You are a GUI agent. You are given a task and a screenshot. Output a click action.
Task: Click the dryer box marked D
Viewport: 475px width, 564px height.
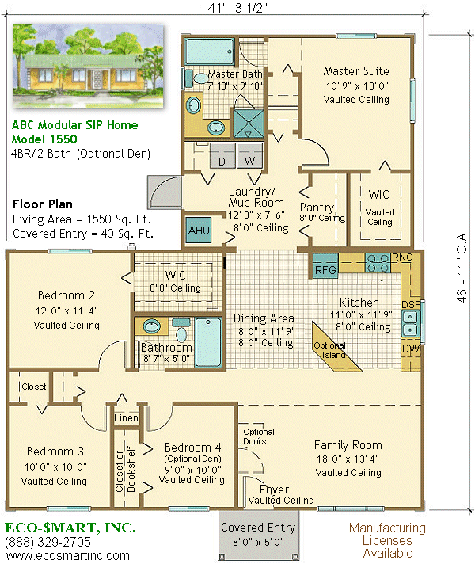[x=222, y=156]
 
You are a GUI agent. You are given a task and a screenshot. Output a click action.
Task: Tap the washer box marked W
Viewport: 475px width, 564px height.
[x=250, y=156]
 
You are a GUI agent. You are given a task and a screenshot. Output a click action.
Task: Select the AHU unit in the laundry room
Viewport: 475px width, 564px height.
[x=199, y=231]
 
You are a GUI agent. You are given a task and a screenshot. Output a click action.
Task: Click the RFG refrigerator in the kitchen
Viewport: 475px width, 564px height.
[x=325, y=266]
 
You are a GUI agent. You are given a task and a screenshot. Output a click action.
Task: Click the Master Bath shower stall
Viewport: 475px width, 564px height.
[x=249, y=124]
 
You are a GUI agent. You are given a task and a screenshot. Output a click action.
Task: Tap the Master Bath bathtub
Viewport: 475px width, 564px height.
[x=210, y=51]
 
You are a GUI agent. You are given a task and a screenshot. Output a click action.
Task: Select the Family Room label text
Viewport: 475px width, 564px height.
[x=348, y=445]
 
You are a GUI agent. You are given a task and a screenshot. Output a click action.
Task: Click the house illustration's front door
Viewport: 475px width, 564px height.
[x=97, y=79]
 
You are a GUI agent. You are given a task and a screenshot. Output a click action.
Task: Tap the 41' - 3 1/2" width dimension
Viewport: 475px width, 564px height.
[x=237, y=8]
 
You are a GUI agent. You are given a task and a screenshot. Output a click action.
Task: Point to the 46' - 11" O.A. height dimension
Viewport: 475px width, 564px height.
[x=462, y=266]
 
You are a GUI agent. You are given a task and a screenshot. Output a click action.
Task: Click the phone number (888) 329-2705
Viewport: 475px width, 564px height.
[x=47, y=542]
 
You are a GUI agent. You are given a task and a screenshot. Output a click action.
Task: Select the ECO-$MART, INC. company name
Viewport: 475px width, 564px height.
[x=70, y=528]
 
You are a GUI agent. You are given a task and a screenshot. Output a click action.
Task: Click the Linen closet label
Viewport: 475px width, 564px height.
[x=126, y=418]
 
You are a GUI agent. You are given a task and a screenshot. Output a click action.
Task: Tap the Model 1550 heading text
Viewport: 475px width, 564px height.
[x=44, y=139]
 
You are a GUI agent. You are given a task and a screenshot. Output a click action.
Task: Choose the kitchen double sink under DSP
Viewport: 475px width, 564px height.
[x=410, y=323]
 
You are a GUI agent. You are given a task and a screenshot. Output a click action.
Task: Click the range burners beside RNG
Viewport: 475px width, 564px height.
[x=378, y=263]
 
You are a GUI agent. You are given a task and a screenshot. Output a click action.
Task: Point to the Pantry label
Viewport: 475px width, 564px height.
[x=317, y=208]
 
